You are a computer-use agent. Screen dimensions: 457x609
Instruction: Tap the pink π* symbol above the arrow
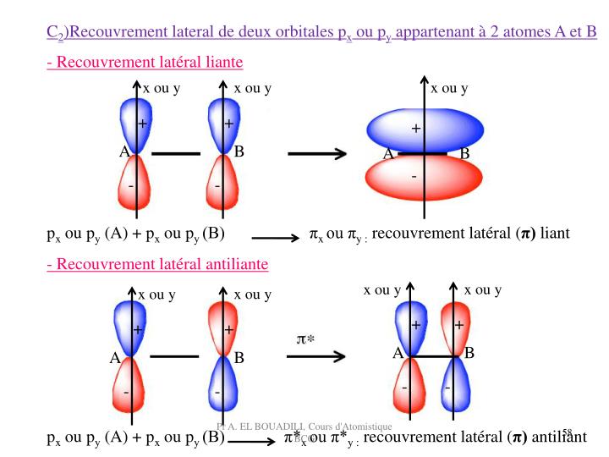[305, 339]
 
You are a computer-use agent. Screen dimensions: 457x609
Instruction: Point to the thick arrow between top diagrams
[316, 154]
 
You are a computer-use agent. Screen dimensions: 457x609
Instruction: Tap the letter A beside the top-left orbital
[123, 152]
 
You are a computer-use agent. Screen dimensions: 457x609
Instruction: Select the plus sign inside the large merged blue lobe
[415, 129]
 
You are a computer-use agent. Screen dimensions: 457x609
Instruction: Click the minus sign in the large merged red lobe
[414, 176]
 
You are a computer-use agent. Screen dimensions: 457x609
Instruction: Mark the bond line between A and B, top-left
[175, 154]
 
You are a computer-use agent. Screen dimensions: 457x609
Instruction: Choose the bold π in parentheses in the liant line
[526, 234]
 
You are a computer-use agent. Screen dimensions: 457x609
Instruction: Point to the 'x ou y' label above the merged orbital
[449, 88]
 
